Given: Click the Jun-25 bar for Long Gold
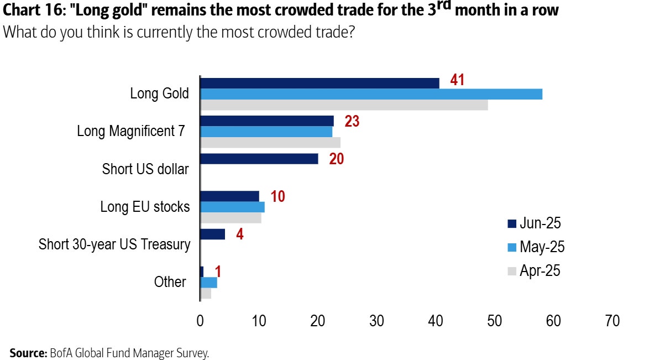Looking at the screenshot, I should tap(320, 83).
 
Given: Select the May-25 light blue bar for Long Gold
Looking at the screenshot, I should tap(371, 94).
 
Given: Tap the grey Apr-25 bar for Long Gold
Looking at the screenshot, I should tap(344, 105).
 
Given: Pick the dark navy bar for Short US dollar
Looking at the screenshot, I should tap(259, 159).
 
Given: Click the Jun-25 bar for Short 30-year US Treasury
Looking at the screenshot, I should tap(212, 234).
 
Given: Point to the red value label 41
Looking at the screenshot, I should tap(457, 80).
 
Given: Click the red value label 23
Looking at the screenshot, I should tap(352, 121).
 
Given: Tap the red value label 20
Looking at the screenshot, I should tap(336, 159).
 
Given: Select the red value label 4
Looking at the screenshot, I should tap(239, 233).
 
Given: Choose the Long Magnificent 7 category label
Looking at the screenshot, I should tap(130, 131).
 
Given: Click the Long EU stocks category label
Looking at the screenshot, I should tap(145, 207).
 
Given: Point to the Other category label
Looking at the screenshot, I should tap(170, 282).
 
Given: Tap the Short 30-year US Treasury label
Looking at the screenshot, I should tap(114, 244).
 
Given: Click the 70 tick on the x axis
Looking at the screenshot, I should tap(612, 321).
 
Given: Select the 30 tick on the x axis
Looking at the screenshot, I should tap(376, 321).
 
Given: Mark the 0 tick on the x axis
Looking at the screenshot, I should tap(200, 321).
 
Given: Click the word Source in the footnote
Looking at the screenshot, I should tap(28, 353).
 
